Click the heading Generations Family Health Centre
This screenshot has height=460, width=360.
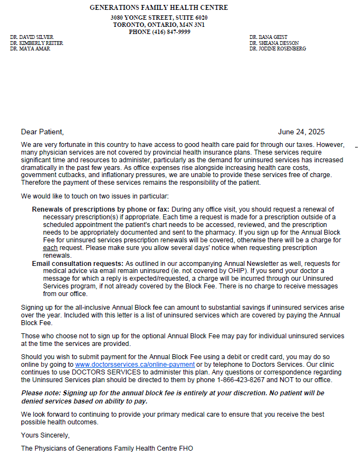point(159,8)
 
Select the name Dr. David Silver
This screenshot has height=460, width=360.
point(31,37)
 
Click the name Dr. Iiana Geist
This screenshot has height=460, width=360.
point(268,37)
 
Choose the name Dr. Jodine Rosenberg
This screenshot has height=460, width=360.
point(277,49)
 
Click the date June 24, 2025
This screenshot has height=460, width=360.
point(301,132)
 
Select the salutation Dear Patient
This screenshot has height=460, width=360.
point(42,132)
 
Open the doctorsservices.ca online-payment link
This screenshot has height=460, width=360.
point(135,365)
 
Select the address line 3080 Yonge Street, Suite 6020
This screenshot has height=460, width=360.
point(159,18)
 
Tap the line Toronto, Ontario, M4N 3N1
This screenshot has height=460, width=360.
point(159,25)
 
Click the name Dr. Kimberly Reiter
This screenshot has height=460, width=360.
point(36,43)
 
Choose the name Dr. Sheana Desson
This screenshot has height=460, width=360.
point(272,43)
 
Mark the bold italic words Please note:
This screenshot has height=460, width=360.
point(41,393)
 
